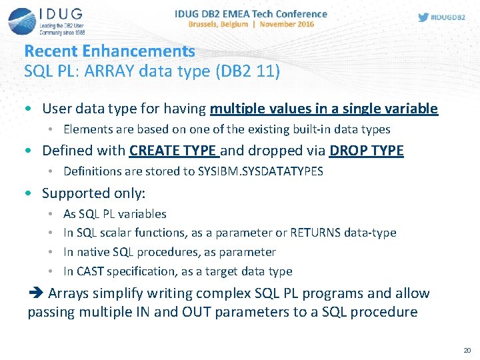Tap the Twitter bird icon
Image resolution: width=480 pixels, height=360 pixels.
(423, 17)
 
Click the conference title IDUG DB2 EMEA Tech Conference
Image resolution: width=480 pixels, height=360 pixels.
(251, 13)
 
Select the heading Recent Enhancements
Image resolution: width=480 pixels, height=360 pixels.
(109, 51)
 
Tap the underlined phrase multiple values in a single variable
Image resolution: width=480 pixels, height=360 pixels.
(323, 109)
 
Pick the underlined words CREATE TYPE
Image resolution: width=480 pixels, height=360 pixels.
(173, 151)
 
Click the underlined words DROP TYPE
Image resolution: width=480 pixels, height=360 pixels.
(366, 151)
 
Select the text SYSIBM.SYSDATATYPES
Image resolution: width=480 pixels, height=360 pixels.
(260, 171)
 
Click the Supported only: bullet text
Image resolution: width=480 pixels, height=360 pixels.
(93, 193)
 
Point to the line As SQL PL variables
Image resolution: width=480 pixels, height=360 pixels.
(115, 214)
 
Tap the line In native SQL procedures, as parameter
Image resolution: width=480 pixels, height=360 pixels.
(169, 252)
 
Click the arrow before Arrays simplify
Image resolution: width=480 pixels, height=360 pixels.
(35, 293)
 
